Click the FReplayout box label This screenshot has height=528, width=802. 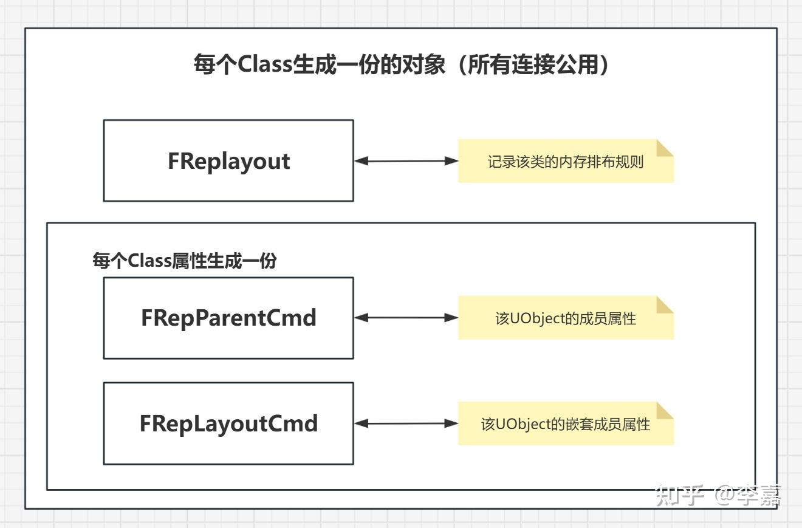pyautogui.click(x=228, y=162)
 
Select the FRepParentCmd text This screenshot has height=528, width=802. pyautogui.click(x=228, y=318)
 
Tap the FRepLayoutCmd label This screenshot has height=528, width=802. pyautogui.click(x=228, y=423)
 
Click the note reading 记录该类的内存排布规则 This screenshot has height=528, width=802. pyautogui.click(x=565, y=162)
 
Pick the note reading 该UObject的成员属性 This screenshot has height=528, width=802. pyautogui.click(x=565, y=318)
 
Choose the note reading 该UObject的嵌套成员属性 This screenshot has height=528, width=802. pyautogui.click(x=565, y=423)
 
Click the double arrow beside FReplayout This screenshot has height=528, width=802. pyautogui.click(x=406, y=161)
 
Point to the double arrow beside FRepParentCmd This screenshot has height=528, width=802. pyautogui.click(x=406, y=317)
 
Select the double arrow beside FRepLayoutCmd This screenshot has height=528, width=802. pyautogui.click(x=406, y=423)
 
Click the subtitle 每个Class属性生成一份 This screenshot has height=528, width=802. pyautogui.click(x=184, y=261)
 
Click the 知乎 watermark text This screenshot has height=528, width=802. pyautogui.click(x=679, y=495)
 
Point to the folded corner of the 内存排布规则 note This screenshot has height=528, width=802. pyautogui.click(x=665, y=148)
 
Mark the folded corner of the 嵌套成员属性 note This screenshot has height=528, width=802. pyautogui.click(x=665, y=410)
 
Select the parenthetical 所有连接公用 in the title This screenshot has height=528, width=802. pyautogui.click(x=532, y=64)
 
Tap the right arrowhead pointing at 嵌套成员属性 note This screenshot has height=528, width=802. pyautogui.click(x=451, y=423)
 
